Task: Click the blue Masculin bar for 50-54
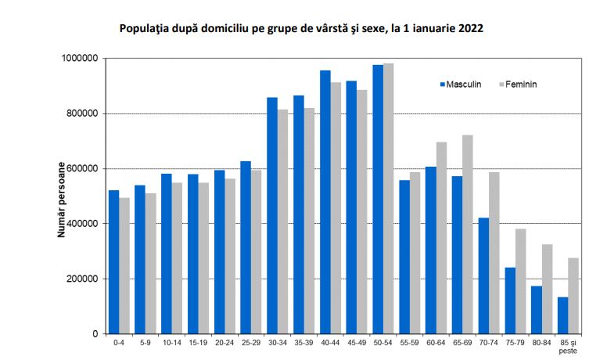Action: pyautogui.click(x=378, y=200)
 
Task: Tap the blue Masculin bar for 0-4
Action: pyautogui.click(x=113, y=262)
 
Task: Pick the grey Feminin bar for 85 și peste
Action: pyautogui.click(x=573, y=296)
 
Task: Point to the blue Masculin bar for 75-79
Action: pyautogui.click(x=510, y=301)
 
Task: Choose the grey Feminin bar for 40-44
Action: pyautogui.click(x=336, y=208)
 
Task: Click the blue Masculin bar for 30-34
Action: pyautogui.click(x=272, y=216)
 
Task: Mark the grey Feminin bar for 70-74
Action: pyautogui.click(x=494, y=253)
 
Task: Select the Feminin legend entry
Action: pyautogui.click(x=520, y=84)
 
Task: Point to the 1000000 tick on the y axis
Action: pyautogui.click(x=79, y=59)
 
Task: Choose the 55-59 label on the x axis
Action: pyautogui.click(x=409, y=344)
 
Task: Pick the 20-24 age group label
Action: pyautogui.click(x=224, y=344)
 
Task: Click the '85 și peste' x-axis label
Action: pyautogui.click(x=568, y=347)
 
